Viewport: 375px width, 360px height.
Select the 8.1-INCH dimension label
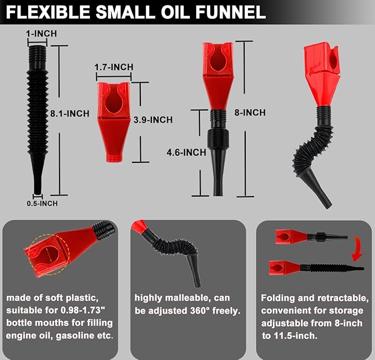pyautogui.click(x=70, y=114)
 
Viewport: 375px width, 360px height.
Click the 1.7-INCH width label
pyautogui.click(x=114, y=67)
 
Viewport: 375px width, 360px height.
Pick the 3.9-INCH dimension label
pyautogui.click(x=154, y=120)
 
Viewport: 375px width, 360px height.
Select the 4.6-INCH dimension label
pyautogui.click(x=187, y=152)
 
